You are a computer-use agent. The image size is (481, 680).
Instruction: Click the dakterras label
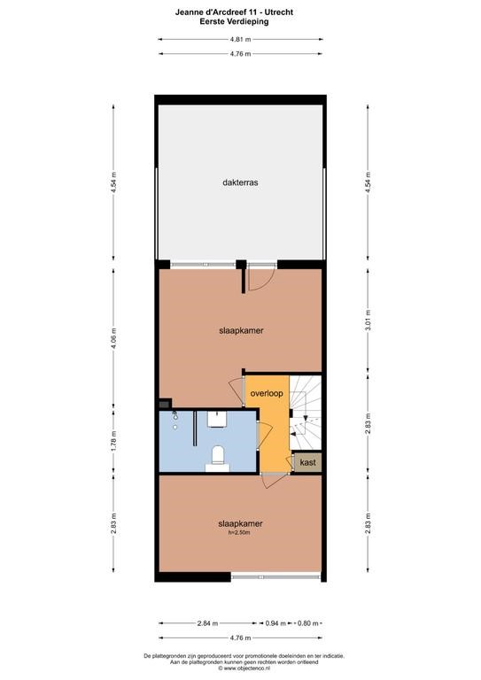(x=240, y=182)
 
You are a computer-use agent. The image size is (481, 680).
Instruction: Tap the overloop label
(x=267, y=393)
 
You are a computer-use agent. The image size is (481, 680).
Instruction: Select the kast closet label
(x=308, y=462)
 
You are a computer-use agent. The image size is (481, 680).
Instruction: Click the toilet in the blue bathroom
(x=217, y=459)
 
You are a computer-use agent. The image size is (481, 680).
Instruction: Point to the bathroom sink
(x=217, y=419)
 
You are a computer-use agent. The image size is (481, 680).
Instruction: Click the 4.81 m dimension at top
(x=240, y=40)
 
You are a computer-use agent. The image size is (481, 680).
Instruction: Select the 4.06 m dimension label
(x=113, y=338)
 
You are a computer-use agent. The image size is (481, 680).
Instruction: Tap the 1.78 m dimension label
(x=113, y=442)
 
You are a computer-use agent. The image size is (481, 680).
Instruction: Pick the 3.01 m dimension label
(x=369, y=320)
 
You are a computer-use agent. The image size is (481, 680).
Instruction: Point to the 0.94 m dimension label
(x=275, y=623)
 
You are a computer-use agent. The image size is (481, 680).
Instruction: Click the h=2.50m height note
(x=240, y=532)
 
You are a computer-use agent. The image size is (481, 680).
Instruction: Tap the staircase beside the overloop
(x=306, y=413)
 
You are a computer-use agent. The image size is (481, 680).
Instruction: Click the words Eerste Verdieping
(x=234, y=21)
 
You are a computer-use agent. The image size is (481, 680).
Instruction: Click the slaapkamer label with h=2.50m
(x=240, y=523)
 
